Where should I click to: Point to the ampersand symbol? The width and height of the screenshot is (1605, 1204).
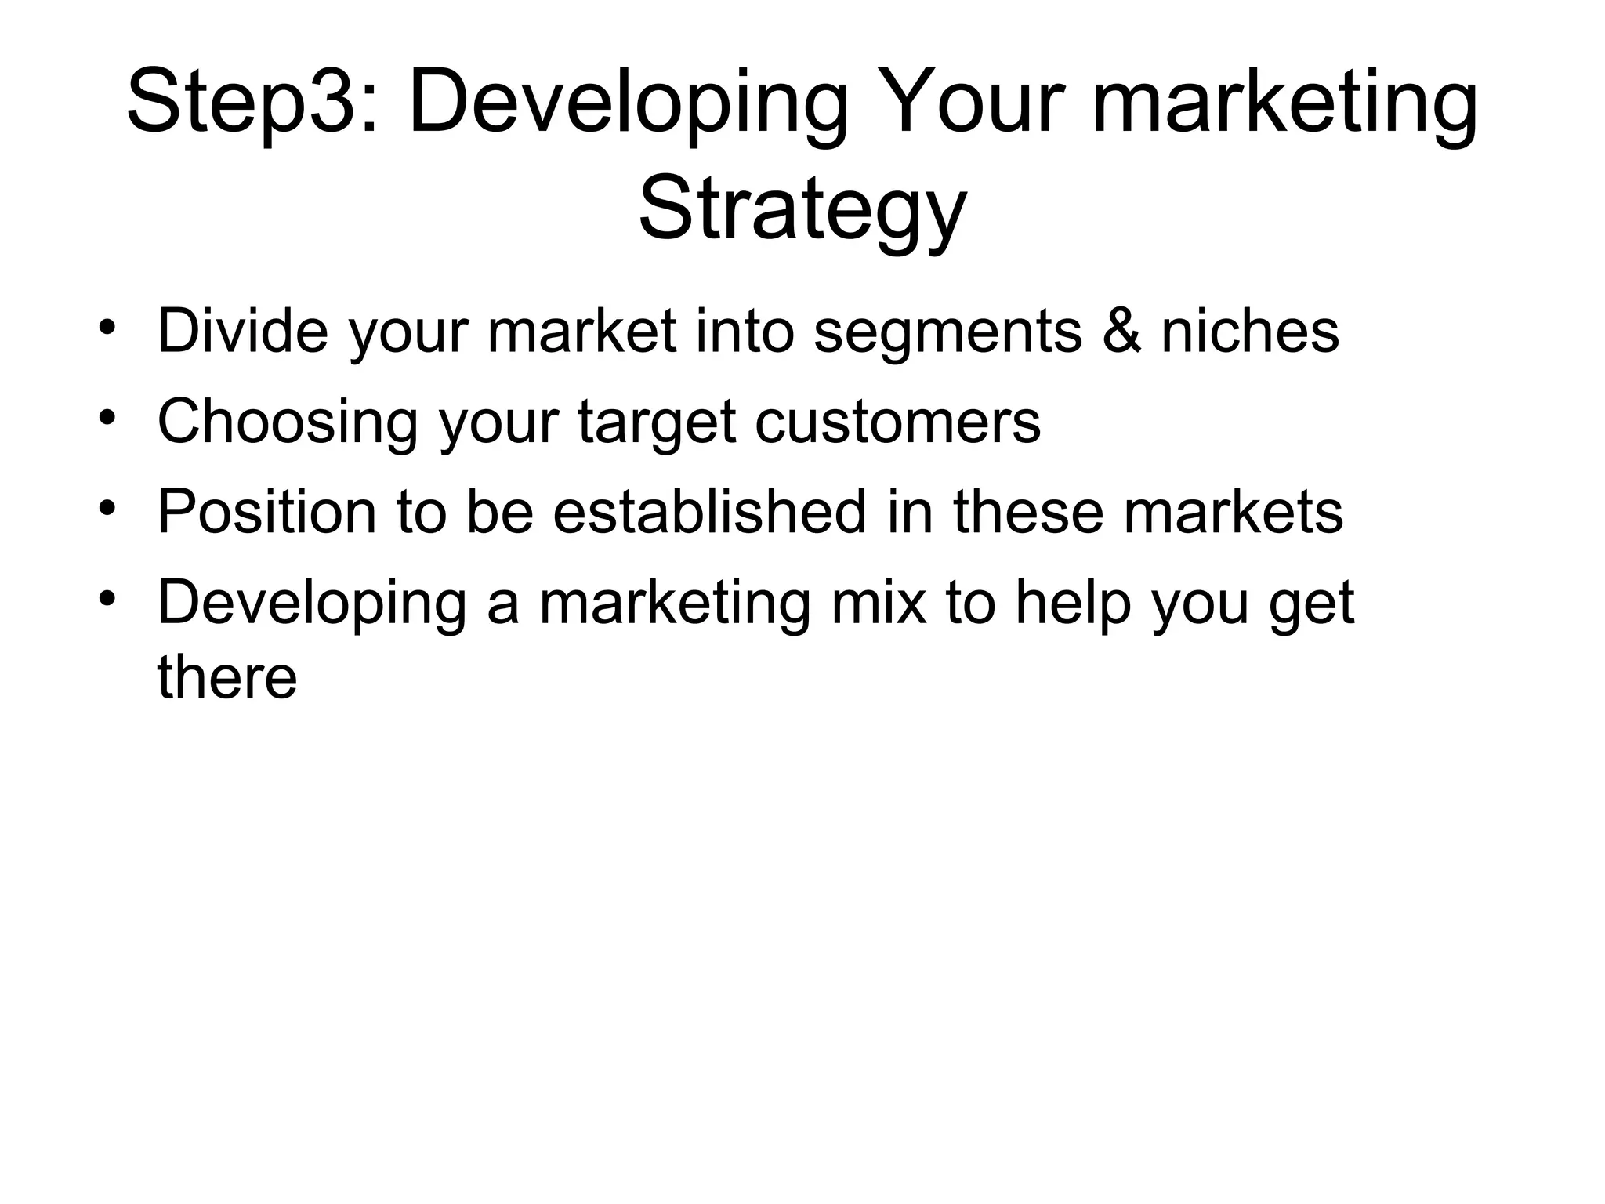[x=1121, y=332]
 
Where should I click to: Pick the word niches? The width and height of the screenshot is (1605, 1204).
[x=1250, y=332]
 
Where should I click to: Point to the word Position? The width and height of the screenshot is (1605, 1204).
[x=266, y=513]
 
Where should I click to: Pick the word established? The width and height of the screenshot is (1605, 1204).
[x=709, y=511]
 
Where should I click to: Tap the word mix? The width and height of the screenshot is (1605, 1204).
[x=879, y=603]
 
